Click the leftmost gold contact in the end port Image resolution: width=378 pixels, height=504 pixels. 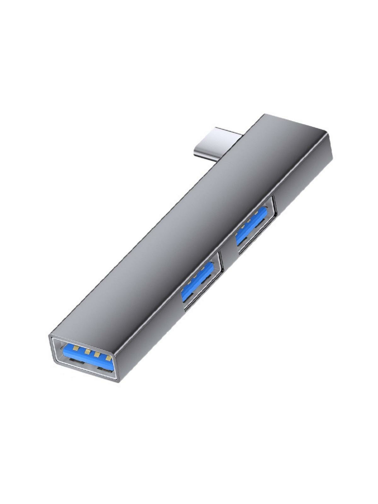[77, 348]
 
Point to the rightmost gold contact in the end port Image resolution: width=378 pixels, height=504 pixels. [108, 358]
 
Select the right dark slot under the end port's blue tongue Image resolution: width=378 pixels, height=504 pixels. [105, 369]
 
